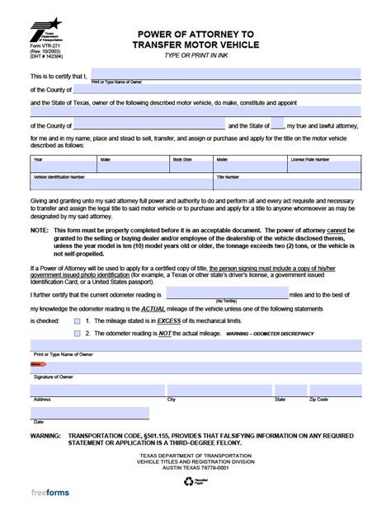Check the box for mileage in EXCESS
[77, 321]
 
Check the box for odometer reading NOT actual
[77, 334]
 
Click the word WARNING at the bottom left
[46, 433]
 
